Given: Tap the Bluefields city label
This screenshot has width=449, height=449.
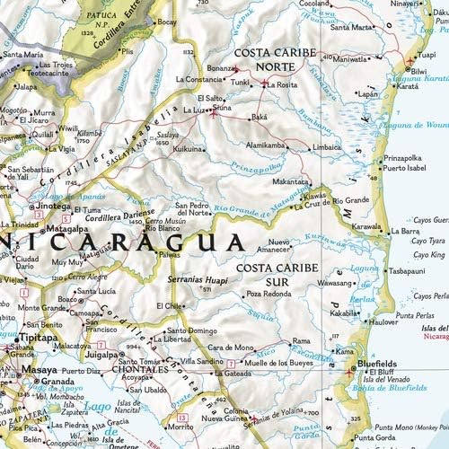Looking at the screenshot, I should click(x=383, y=365).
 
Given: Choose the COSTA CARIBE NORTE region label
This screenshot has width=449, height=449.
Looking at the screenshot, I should click(x=275, y=58).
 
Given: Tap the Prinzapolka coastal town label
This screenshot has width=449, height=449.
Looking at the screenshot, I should click(x=402, y=158).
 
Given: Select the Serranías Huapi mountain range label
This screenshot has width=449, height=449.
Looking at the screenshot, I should click(x=198, y=280).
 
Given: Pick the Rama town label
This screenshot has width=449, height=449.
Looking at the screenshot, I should click(x=302, y=342).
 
